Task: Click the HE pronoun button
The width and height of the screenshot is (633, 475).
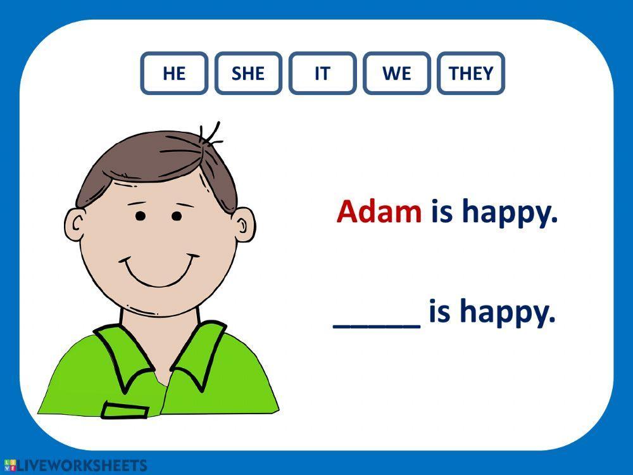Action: (174, 73)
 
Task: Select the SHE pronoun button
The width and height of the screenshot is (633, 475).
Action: (248, 73)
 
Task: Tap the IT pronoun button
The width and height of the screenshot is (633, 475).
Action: (322, 73)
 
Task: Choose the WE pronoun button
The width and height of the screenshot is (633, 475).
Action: (397, 73)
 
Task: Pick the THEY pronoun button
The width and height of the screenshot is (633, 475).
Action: (471, 73)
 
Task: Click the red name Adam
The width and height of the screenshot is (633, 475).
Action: (379, 212)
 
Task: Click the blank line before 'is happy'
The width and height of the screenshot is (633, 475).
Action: (377, 322)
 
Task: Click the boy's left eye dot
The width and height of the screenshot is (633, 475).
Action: (141, 217)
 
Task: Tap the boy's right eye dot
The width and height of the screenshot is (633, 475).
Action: (177, 217)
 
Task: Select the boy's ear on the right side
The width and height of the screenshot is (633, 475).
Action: (244, 226)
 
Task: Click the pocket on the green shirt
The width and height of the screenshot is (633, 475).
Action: (125, 410)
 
